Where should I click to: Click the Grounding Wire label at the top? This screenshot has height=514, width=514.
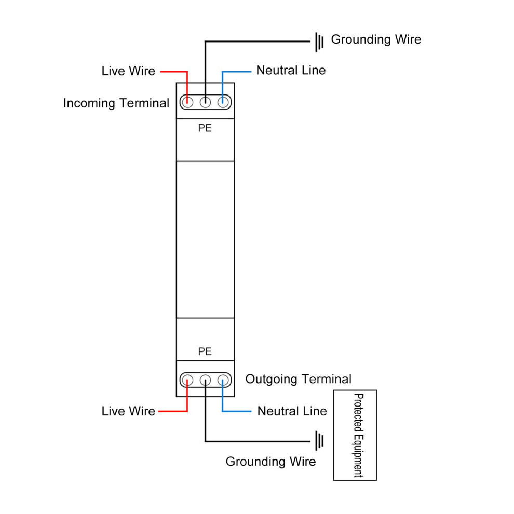tap(376, 39)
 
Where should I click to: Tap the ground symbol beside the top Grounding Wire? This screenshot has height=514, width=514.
tap(319, 42)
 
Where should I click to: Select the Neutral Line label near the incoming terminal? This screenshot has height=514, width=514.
tap(291, 70)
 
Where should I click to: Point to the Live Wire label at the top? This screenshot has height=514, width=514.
tap(128, 71)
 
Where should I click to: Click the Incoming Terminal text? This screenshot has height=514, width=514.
tap(116, 103)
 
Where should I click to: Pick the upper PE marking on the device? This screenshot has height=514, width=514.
tap(205, 128)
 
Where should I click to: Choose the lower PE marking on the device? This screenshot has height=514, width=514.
tap(205, 351)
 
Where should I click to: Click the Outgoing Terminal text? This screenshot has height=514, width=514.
tap(299, 379)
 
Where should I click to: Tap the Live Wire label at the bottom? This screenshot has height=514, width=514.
tap(128, 411)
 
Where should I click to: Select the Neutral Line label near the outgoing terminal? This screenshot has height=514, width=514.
tap(292, 411)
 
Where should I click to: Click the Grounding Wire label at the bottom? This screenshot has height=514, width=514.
tap(271, 462)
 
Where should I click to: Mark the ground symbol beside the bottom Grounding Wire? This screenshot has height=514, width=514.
tap(319, 441)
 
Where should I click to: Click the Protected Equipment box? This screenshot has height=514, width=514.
tap(355, 435)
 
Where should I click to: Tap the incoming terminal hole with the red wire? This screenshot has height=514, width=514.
tap(187, 102)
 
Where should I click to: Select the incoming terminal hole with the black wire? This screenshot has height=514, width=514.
tap(205, 102)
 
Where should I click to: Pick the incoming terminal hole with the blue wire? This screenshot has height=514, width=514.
tap(223, 102)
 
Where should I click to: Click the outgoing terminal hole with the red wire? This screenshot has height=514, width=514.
tap(187, 380)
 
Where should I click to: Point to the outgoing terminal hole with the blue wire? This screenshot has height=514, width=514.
tap(223, 380)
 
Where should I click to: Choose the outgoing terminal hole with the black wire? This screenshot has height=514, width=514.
tap(205, 380)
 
